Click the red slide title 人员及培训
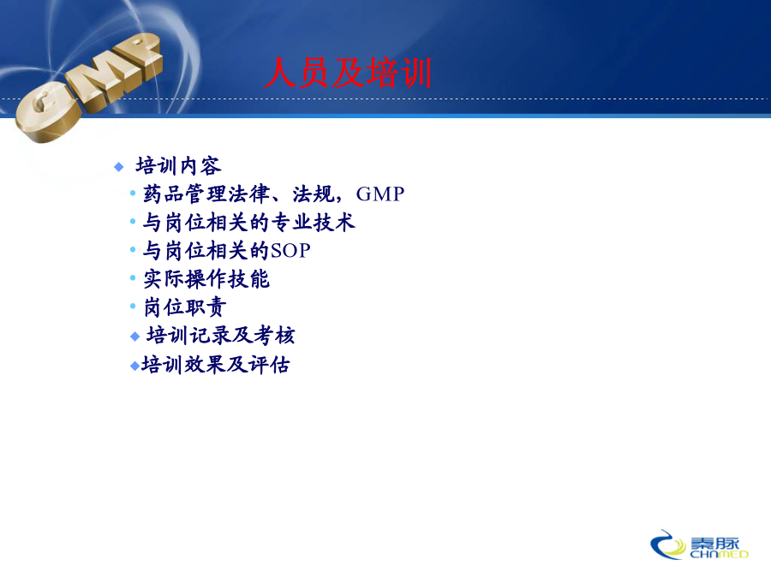click(348, 73)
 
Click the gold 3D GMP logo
click(88, 87)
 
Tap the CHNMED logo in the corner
click(699, 545)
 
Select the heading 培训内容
click(178, 166)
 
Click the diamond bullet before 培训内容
click(118, 167)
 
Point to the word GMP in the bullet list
click(380, 194)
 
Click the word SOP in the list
click(290, 251)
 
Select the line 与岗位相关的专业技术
click(248, 222)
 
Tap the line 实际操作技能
click(206, 278)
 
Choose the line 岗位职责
click(185, 307)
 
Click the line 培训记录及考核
click(221, 335)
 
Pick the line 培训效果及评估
click(215, 365)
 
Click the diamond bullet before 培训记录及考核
click(135, 337)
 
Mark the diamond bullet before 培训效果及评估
click(134, 366)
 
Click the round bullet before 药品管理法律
click(133, 194)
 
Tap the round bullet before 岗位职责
click(133, 307)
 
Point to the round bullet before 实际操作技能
click(133, 277)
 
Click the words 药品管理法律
click(206, 194)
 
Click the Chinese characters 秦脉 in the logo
click(715, 544)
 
